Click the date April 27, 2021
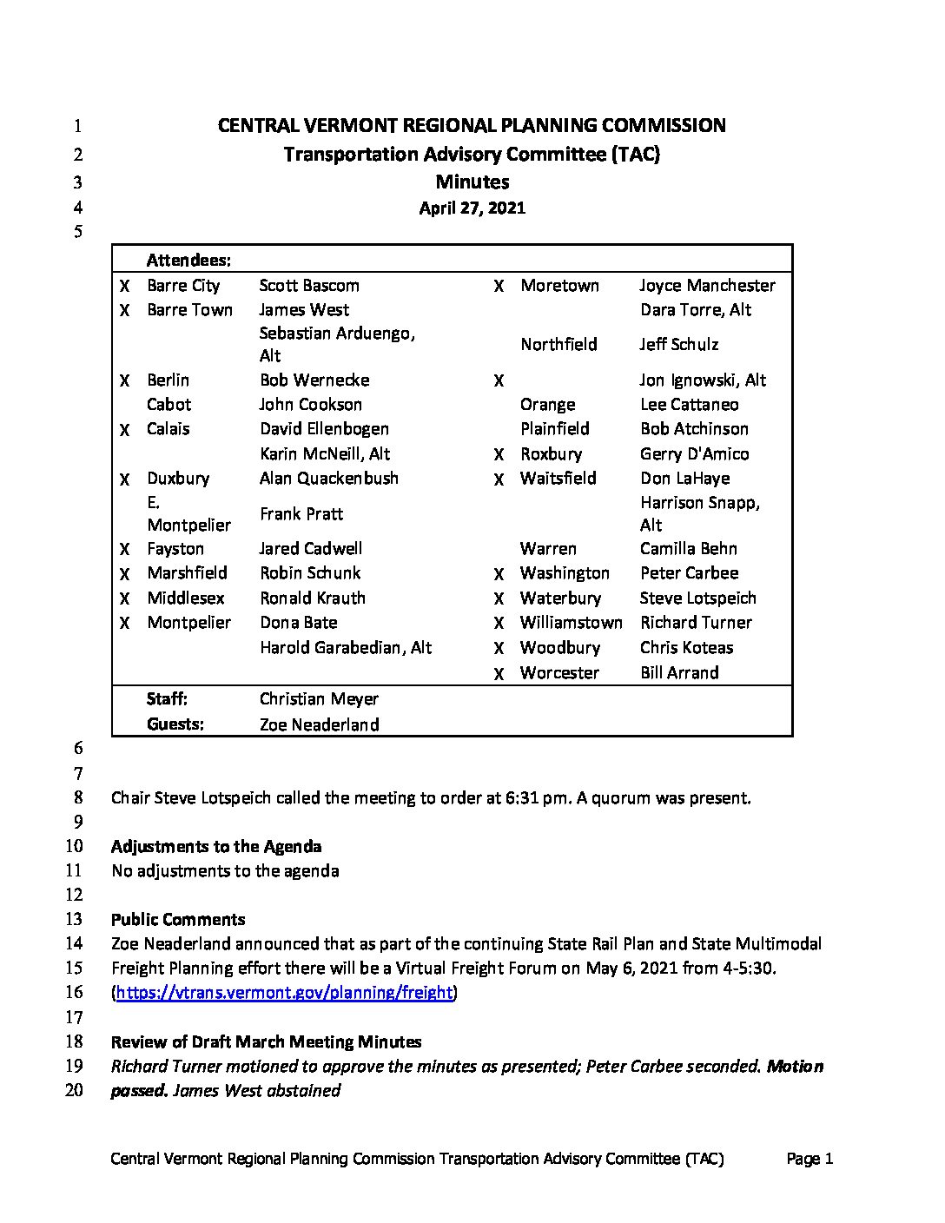(x=472, y=208)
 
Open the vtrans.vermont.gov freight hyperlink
(x=284, y=993)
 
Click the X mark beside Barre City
(x=125, y=286)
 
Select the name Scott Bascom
(x=309, y=286)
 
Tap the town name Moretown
(x=559, y=286)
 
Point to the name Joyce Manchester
(x=707, y=286)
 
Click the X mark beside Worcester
(x=499, y=674)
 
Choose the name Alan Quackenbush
(x=329, y=479)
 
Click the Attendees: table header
(x=188, y=260)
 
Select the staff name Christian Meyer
(x=319, y=699)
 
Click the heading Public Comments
(x=178, y=920)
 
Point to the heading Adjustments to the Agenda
(x=216, y=847)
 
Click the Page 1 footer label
(x=810, y=1159)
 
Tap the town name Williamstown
(x=571, y=623)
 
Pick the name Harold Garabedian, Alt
(x=346, y=648)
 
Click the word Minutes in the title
(x=472, y=182)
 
